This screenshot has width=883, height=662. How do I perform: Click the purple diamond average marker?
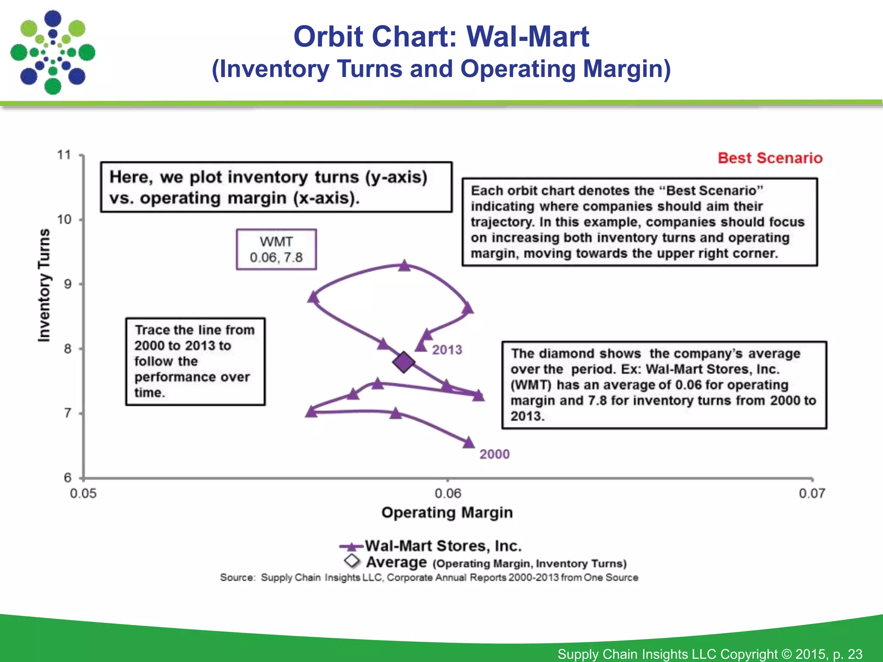(404, 362)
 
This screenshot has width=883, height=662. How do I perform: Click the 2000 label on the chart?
(495, 454)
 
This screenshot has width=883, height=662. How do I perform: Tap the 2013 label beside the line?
(447, 350)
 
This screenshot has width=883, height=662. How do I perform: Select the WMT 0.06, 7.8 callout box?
(276, 250)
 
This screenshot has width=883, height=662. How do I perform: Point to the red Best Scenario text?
(770, 158)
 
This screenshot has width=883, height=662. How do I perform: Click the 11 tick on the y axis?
(64, 155)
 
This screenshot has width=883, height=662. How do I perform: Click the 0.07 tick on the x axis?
(812, 493)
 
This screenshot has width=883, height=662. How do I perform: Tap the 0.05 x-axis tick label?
(83, 493)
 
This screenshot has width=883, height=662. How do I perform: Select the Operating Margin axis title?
(447, 512)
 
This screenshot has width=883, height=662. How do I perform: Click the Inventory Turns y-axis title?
(44, 285)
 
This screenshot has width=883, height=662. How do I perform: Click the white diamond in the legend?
(352, 561)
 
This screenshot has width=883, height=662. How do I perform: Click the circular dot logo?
(53, 53)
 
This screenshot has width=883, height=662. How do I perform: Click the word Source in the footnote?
(237, 578)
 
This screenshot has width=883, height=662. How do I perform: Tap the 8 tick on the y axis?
(68, 349)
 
